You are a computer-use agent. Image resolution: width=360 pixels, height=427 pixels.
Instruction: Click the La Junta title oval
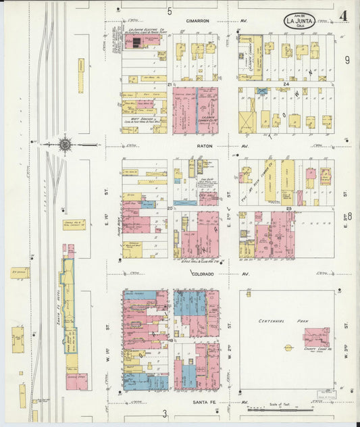299,22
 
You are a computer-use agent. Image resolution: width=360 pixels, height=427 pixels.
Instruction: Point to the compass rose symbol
65,144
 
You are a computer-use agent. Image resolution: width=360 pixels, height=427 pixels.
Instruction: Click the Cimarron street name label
198,21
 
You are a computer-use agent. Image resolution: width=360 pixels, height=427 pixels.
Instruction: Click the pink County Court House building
316,336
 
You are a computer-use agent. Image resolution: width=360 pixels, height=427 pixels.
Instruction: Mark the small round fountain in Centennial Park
288,348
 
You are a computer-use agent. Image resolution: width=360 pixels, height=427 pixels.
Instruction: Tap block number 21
169,84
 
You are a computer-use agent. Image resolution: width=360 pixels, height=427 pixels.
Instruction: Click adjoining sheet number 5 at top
170,11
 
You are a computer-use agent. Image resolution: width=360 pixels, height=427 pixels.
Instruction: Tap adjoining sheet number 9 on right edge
348,61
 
